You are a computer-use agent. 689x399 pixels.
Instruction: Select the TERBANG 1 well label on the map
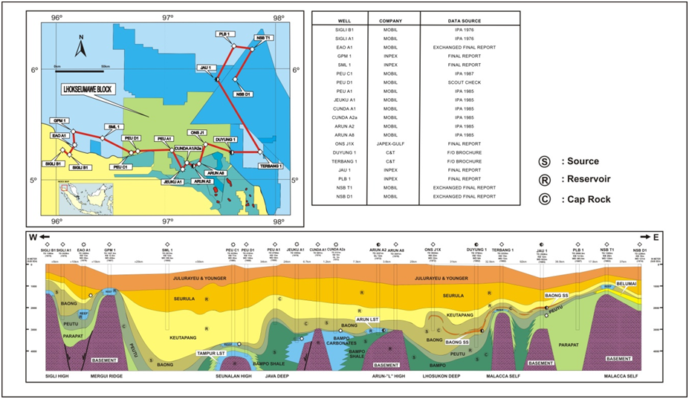(271, 166)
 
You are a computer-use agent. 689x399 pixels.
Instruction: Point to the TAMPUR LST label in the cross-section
(210, 353)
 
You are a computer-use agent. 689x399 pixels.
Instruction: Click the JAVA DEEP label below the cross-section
(277, 376)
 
